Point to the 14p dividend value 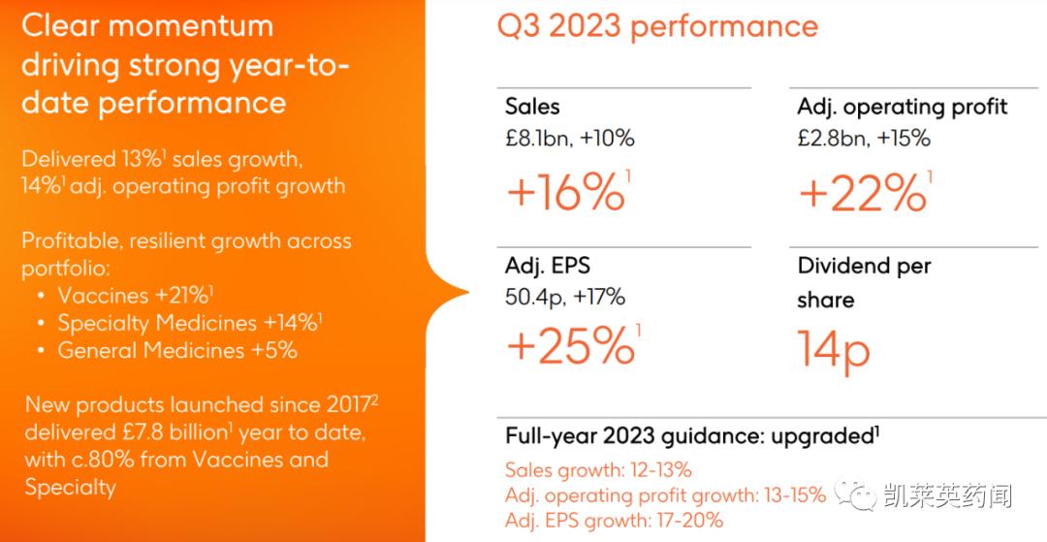[x=834, y=348]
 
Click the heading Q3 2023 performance [x=657, y=26]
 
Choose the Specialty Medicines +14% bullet [x=190, y=323]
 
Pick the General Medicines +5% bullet [x=176, y=350]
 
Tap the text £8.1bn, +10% [x=570, y=138]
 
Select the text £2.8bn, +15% [x=864, y=138]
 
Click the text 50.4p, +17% [x=565, y=296]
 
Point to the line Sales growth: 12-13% [x=598, y=470]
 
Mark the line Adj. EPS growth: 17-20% [x=614, y=521]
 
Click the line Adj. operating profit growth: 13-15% [x=665, y=495]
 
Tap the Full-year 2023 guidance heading [x=689, y=436]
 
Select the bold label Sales [x=532, y=107]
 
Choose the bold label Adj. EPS [x=546, y=266]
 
